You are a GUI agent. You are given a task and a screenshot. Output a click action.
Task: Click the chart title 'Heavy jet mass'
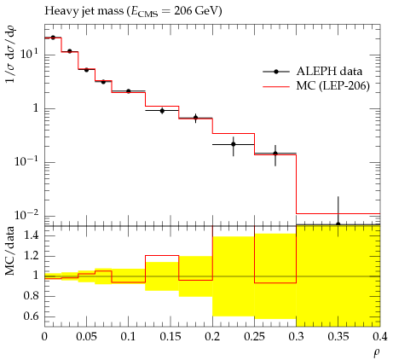point(84,11)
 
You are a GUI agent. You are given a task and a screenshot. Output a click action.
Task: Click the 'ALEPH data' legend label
point(329,71)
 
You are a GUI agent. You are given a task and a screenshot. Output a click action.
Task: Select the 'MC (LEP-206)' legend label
point(333,85)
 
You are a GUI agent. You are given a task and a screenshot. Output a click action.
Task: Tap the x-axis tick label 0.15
point(170,337)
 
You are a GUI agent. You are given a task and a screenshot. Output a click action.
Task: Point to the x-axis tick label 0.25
point(254,337)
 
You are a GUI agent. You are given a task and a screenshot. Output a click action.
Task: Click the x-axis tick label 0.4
point(380,337)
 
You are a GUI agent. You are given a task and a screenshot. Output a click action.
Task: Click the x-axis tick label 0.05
point(86,337)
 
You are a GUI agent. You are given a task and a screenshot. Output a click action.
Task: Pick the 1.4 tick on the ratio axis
point(31,235)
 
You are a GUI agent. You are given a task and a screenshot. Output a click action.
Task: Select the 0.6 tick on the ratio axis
point(31,316)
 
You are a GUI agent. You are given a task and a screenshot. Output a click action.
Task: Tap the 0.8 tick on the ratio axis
point(31,296)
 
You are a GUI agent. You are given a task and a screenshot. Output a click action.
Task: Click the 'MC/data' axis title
point(9,251)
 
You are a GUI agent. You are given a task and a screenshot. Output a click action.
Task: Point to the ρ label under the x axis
point(377,353)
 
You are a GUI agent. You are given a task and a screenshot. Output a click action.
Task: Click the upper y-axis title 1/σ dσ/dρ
point(11,54)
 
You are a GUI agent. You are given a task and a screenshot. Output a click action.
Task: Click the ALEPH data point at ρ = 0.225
point(234,144)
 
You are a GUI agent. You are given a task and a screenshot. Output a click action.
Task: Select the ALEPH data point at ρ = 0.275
point(275,154)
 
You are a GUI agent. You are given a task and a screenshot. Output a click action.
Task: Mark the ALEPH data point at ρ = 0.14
point(162,111)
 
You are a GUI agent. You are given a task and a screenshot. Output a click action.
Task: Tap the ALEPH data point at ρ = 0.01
point(53,38)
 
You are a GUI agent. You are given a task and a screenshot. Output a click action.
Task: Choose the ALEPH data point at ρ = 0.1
point(129,91)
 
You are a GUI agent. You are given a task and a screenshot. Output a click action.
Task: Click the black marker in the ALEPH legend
point(276,72)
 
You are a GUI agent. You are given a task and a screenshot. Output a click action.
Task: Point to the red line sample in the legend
point(276,86)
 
